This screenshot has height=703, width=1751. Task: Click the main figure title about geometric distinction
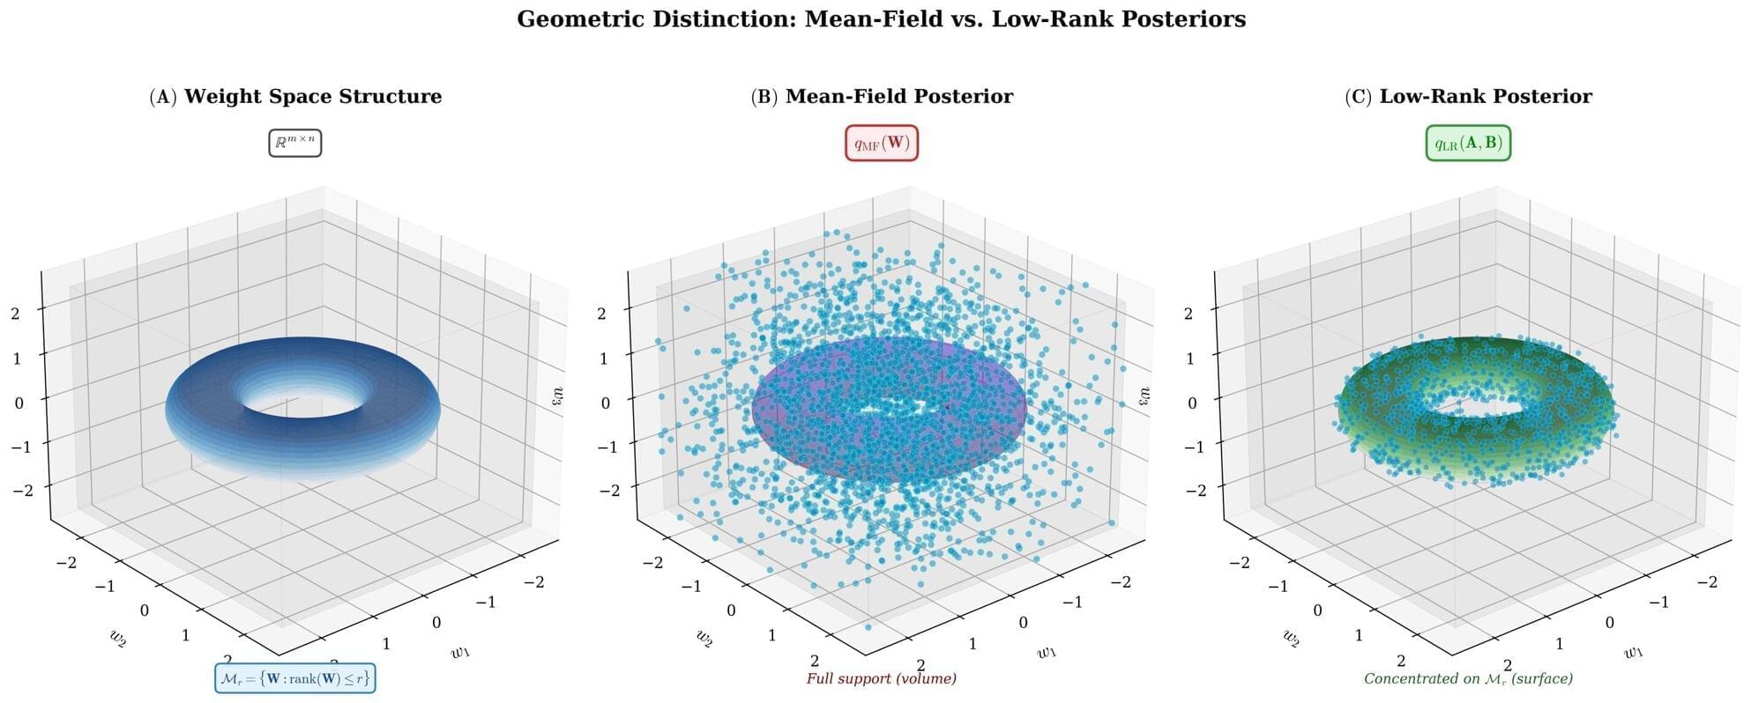click(x=881, y=19)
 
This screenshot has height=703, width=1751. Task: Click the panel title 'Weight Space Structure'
click(x=313, y=96)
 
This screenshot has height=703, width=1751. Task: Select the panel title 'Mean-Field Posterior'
click(x=899, y=96)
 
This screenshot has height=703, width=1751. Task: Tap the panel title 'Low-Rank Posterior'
click(x=1486, y=96)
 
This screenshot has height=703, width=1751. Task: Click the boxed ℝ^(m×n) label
click(x=295, y=142)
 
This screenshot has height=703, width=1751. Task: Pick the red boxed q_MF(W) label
click(x=882, y=143)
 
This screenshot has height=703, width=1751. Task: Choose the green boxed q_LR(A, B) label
click(x=1468, y=143)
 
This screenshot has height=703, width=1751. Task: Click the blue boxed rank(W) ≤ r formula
click(x=295, y=678)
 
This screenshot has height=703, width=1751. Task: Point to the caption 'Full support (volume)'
click(x=882, y=678)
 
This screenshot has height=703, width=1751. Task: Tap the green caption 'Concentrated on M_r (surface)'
click(x=1468, y=678)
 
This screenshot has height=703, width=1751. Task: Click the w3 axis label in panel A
click(x=557, y=396)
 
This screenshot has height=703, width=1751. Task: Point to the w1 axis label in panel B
click(x=1047, y=652)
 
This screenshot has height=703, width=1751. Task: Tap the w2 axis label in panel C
click(x=1291, y=636)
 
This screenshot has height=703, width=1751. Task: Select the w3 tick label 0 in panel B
click(x=605, y=403)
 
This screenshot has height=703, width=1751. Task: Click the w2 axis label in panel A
click(x=118, y=638)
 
